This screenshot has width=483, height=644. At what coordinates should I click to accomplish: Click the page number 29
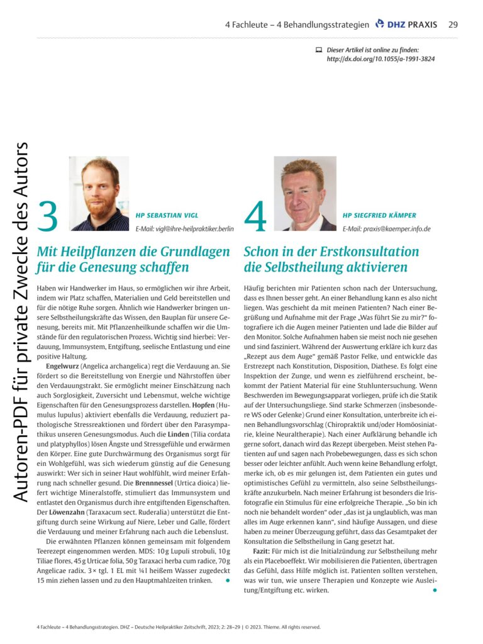coord(453,25)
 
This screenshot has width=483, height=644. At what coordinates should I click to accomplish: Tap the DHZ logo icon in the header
coord(379,25)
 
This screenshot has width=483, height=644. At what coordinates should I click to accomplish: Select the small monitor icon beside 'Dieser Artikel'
coord(318,50)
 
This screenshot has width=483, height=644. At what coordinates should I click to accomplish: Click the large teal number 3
coord(47,216)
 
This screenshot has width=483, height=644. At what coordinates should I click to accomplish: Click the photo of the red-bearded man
coord(99,193)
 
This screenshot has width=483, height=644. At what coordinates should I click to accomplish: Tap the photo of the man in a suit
coord(305,193)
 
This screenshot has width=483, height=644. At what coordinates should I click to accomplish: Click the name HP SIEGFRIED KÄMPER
coord(379,215)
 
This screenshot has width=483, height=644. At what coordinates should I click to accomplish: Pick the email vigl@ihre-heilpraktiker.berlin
coord(184,228)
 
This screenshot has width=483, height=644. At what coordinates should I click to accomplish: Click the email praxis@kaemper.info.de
coord(386,228)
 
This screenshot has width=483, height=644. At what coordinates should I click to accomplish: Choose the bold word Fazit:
coord(257,551)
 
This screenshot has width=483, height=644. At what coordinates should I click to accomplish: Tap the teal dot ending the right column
coord(435,590)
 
